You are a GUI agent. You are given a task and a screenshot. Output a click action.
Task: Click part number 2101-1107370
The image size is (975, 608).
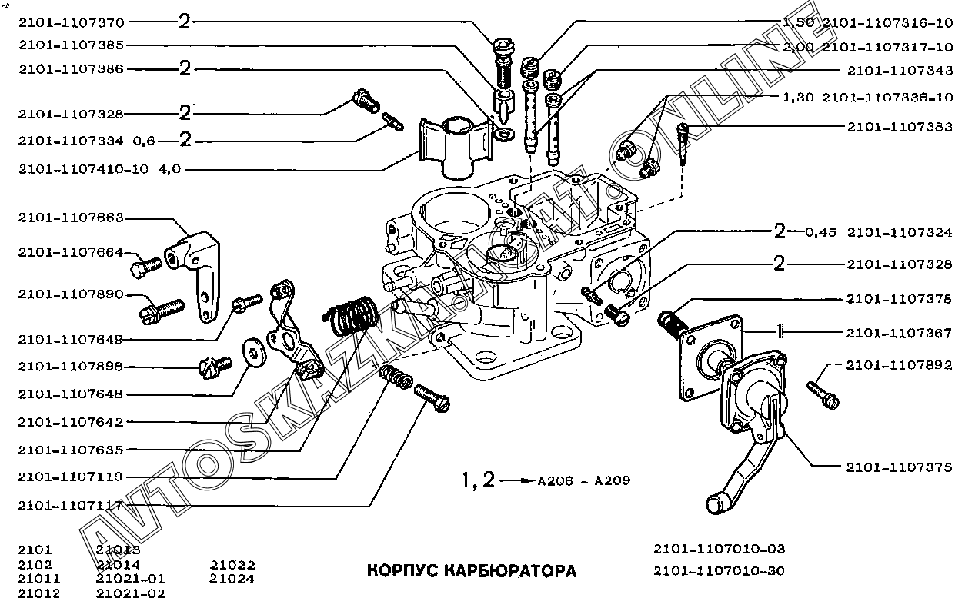click(71, 22)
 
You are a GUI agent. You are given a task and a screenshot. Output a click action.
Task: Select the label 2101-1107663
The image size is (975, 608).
click(71, 218)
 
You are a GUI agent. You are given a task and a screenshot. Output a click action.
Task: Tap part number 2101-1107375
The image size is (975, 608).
click(899, 467)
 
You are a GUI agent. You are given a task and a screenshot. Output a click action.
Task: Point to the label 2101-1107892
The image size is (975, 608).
click(899, 365)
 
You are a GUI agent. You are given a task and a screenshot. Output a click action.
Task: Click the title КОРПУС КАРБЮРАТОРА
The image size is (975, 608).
click(471, 571)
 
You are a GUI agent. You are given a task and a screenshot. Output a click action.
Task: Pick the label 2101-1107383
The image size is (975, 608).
click(899, 126)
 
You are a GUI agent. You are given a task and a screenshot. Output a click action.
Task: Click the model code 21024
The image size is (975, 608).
click(232, 579)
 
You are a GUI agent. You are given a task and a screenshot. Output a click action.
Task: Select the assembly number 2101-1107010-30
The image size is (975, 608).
click(719, 571)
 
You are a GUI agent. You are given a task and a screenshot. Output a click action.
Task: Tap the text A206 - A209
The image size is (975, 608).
click(584, 481)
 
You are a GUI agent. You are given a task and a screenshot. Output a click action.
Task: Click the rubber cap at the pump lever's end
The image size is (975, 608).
click(717, 504)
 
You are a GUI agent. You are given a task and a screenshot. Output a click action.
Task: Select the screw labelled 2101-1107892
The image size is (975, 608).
click(823, 394)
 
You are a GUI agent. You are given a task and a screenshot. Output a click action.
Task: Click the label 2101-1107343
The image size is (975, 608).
click(899, 70)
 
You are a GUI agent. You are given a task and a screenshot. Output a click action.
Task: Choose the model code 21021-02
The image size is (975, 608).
click(131, 593)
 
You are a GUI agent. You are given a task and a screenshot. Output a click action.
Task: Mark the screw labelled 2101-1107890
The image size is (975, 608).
click(162, 310)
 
